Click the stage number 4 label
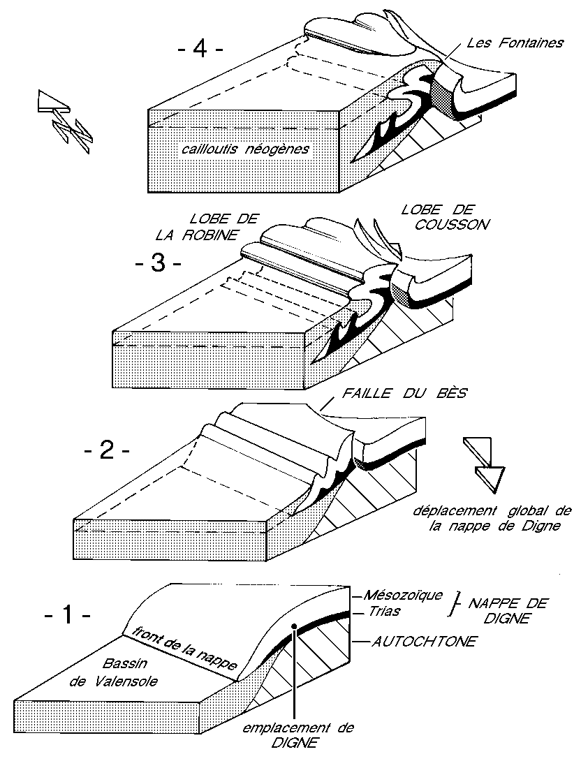(x=200, y=51)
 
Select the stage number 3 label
(x=159, y=266)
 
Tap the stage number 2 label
(x=106, y=450)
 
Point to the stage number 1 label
(x=67, y=616)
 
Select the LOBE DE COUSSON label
(x=438, y=216)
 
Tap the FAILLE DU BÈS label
(x=404, y=394)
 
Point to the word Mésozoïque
(x=404, y=596)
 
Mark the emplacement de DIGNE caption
(x=298, y=734)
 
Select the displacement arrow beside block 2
(x=483, y=461)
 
